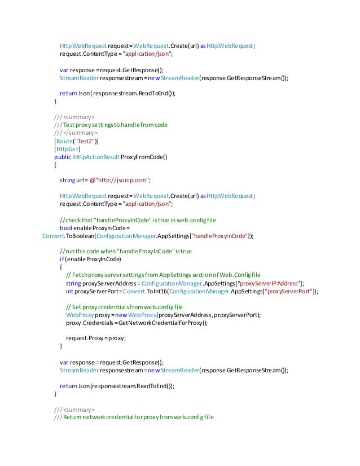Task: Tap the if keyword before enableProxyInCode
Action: coord(62,260)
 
